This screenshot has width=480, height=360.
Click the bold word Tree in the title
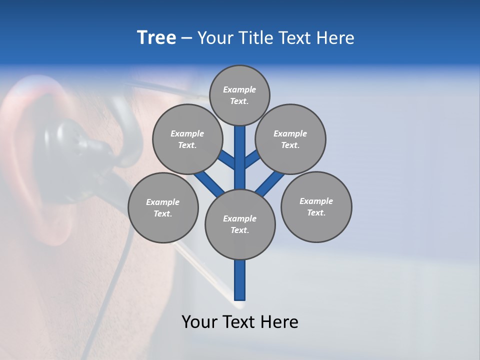[156, 38]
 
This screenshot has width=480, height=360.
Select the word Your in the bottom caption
[200, 321]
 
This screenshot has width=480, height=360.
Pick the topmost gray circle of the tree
[239, 95]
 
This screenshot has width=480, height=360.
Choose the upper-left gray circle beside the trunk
[187, 139]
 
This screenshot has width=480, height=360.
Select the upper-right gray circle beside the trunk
[290, 139]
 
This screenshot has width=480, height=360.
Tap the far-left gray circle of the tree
[163, 207]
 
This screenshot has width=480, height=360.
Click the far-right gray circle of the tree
[316, 206]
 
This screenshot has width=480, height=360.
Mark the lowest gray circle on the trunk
[240, 224]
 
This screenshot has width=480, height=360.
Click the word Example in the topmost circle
[239, 89]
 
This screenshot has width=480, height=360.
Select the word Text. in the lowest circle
[239, 230]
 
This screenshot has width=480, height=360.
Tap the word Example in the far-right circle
[316, 201]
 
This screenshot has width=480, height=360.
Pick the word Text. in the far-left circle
[163, 213]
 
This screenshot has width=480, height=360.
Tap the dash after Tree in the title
[186, 38]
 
